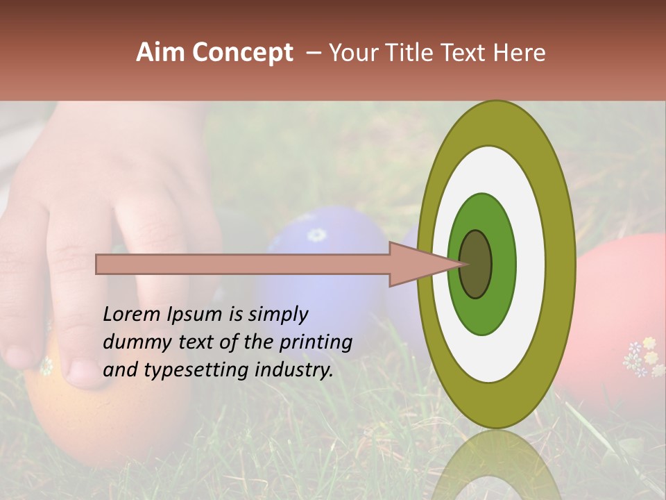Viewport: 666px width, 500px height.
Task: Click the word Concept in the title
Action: [x=242, y=53]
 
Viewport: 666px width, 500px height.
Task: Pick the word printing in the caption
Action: [x=315, y=343]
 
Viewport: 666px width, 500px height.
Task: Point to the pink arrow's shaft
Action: [x=243, y=264]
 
